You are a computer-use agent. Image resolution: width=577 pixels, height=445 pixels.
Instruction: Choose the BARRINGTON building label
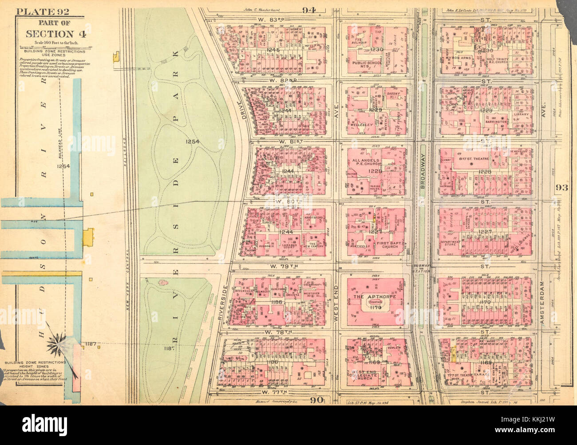(x=496, y=121)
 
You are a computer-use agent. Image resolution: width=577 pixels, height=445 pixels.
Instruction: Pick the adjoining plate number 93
(x=561, y=188)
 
